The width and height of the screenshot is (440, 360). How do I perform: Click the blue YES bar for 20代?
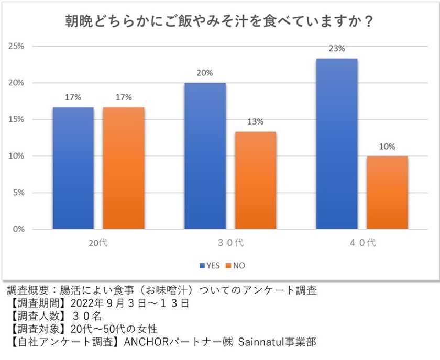pyautogui.click(x=73, y=168)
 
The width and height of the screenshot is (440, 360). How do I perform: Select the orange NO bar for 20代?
pyautogui.click(x=124, y=168)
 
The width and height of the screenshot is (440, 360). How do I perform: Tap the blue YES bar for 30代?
pyautogui.click(x=205, y=156)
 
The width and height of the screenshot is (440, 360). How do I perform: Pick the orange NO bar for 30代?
pyautogui.click(x=256, y=181)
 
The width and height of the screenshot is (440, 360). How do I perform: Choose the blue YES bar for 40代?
pyautogui.click(x=337, y=144)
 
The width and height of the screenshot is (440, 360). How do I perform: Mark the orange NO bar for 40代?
pyautogui.click(x=387, y=193)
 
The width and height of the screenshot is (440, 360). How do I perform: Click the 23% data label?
pyautogui.click(x=337, y=49)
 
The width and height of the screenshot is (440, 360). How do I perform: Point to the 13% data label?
pyautogui.click(x=256, y=122)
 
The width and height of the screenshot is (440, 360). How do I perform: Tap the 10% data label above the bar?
pyautogui.click(x=387, y=147)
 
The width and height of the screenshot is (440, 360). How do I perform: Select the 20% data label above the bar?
pyautogui.click(x=205, y=73)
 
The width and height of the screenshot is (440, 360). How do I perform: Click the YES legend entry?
pyautogui.click(x=210, y=265)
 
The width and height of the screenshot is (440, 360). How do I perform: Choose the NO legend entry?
pyautogui.click(x=235, y=265)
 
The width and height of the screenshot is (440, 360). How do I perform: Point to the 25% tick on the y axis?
pyautogui.click(x=16, y=46)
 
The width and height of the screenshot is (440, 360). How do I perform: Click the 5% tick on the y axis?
pyautogui.click(x=18, y=193)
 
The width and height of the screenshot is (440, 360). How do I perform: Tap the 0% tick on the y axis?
pyautogui.click(x=18, y=229)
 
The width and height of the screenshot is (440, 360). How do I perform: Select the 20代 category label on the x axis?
pyautogui.click(x=98, y=242)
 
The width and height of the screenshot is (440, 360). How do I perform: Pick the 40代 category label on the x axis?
pyautogui.click(x=362, y=242)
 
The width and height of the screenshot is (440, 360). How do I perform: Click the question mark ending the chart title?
pyautogui.click(x=369, y=21)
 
